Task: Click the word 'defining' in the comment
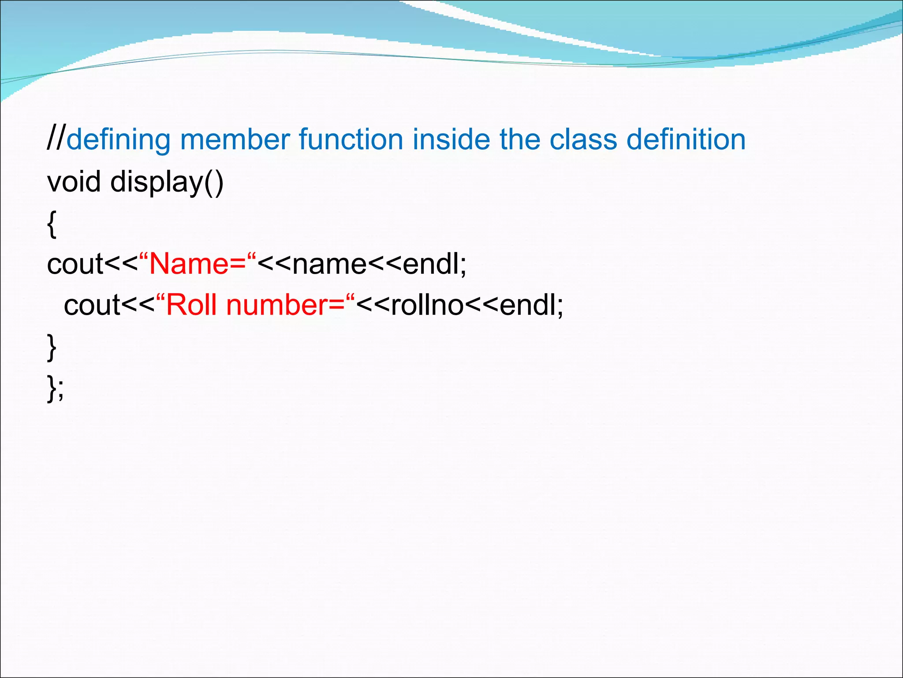click(118, 140)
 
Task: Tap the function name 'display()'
click(167, 182)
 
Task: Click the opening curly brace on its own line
click(52, 224)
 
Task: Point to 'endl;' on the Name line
click(434, 264)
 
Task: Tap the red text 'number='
click(285, 305)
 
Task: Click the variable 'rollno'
click(427, 305)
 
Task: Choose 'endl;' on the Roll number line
click(531, 305)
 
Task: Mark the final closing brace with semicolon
click(55, 388)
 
